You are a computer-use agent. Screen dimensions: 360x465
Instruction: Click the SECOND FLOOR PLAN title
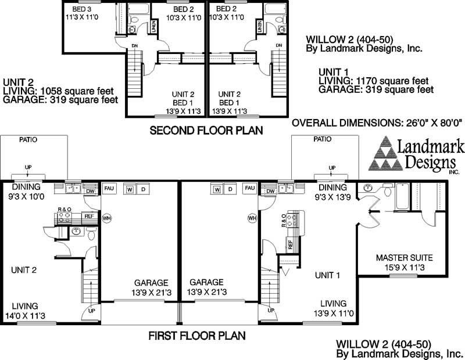point(206,131)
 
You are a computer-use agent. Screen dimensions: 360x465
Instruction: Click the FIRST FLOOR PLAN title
point(196,335)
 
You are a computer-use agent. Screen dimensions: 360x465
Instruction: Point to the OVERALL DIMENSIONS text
point(376,123)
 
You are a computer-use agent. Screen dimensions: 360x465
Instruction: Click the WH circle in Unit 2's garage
point(106,218)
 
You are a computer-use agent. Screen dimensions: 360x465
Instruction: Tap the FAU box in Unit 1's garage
point(250,189)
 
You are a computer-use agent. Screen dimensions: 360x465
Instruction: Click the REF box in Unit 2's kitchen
point(89,216)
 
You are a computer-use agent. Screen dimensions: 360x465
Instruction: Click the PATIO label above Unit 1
point(322,139)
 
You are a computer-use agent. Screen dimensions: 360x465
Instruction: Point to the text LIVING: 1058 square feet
point(58,91)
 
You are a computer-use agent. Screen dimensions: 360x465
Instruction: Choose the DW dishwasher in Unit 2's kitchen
point(90,190)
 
